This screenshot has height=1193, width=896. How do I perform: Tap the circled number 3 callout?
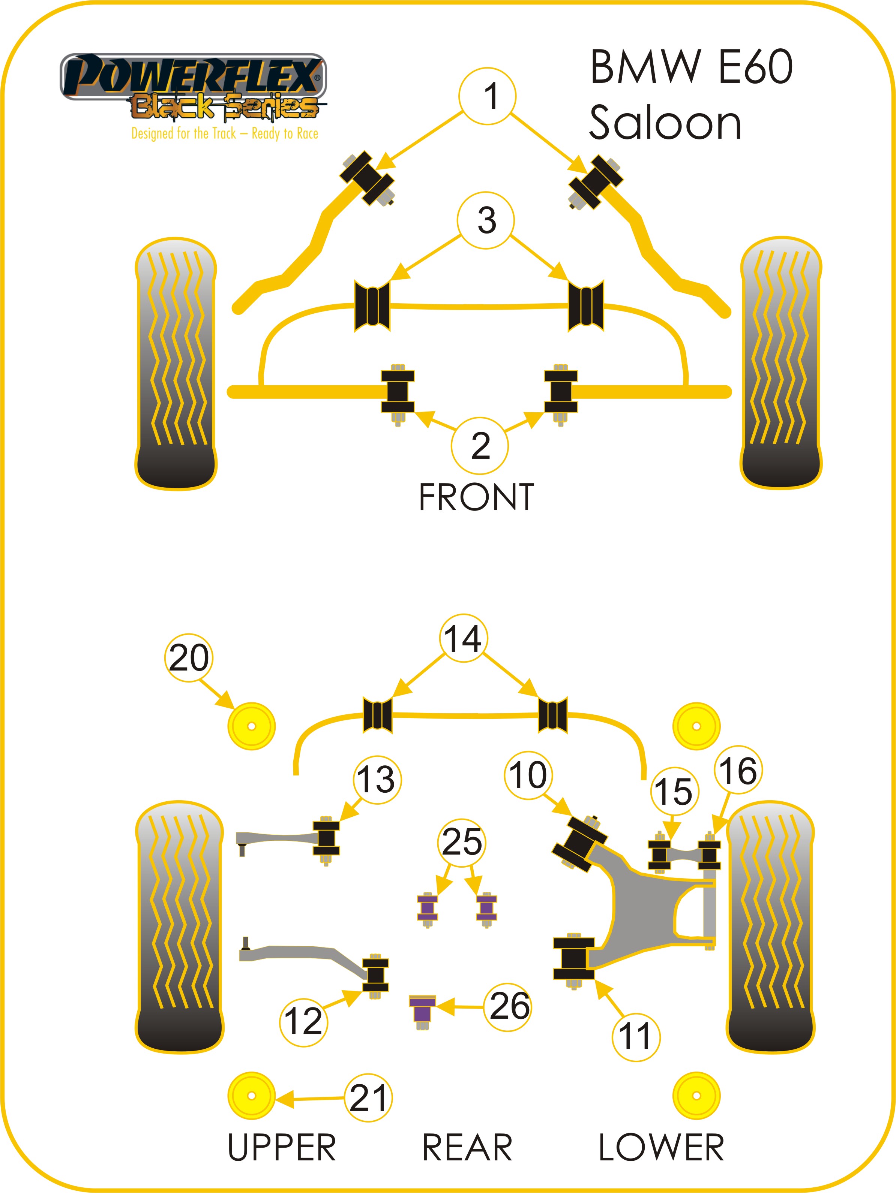click(x=486, y=220)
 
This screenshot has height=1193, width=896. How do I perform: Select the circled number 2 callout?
click(x=480, y=446)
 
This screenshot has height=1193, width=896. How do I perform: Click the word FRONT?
click(x=476, y=497)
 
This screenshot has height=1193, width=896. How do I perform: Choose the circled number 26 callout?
click(x=509, y=1006)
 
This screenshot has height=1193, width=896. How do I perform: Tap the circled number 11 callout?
click(x=635, y=1037)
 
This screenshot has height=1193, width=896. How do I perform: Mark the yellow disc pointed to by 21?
click(x=251, y=1096)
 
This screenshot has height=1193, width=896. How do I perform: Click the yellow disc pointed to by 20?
click(x=251, y=726)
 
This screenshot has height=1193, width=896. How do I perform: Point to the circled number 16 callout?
click(x=737, y=771)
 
